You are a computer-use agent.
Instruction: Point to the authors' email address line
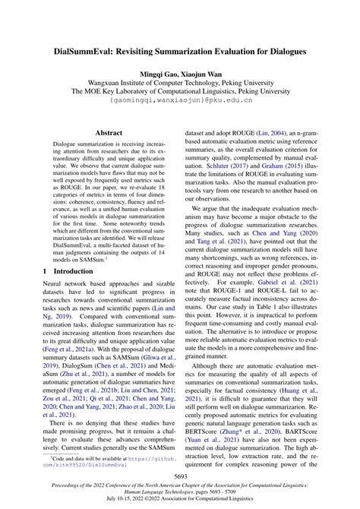pos(179,99)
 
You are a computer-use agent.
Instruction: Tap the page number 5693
pos(179,477)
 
